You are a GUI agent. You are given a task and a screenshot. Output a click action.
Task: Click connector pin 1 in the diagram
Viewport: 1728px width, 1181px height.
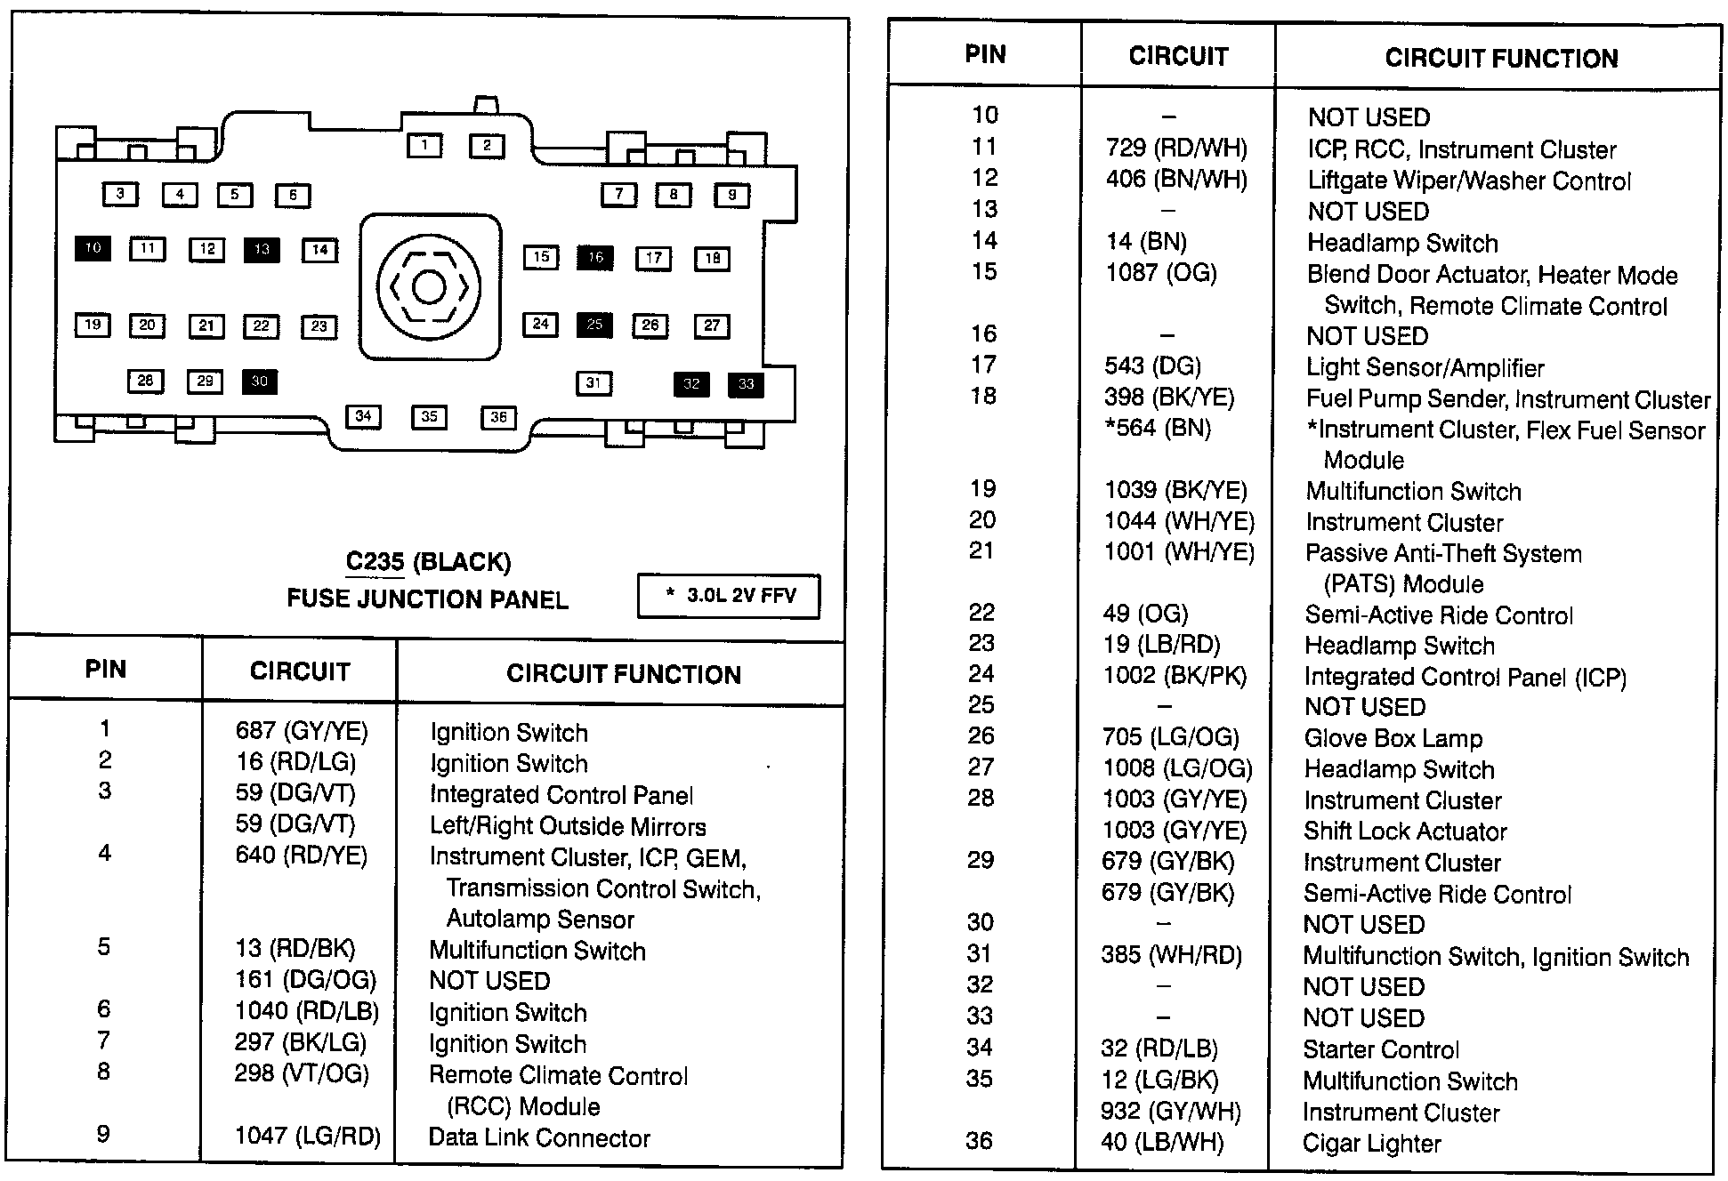coord(424,145)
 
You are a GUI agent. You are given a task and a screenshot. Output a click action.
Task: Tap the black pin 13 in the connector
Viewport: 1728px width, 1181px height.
coord(261,250)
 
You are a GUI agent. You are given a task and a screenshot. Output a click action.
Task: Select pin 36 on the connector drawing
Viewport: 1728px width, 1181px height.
coord(498,417)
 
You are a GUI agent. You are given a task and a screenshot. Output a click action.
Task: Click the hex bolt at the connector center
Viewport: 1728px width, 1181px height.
coord(429,287)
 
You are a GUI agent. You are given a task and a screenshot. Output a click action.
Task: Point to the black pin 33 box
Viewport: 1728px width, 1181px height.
coord(746,384)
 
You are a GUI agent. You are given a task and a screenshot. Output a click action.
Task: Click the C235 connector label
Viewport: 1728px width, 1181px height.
coord(375,562)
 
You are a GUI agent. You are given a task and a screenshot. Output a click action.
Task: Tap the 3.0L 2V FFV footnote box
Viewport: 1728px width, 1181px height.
coord(729,596)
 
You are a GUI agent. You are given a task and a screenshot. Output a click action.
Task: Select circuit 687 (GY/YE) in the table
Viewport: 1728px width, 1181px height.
coord(302,731)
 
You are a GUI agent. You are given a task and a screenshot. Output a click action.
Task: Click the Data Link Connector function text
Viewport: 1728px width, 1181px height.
coord(539,1138)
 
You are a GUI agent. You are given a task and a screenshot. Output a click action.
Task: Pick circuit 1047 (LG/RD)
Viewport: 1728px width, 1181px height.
coord(308,1136)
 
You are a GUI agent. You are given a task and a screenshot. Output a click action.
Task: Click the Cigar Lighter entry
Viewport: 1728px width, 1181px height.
coord(1371,1144)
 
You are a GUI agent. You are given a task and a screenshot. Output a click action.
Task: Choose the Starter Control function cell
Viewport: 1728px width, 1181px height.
coord(1381,1050)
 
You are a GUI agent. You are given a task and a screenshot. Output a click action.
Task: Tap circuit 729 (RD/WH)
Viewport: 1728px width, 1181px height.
coord(1176,149)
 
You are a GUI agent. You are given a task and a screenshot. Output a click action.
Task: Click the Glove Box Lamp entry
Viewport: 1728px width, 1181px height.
coord(1393,738)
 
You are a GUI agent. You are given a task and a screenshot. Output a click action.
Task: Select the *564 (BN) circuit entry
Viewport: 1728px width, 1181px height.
coord(1158,429)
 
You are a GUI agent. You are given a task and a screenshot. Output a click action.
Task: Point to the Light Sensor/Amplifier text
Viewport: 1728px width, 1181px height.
coord(1425,367)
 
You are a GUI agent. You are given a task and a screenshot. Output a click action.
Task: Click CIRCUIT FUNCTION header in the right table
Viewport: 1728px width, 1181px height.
coord(1501,59)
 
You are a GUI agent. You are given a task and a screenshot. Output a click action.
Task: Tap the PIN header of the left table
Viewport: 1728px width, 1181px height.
coord(106,670)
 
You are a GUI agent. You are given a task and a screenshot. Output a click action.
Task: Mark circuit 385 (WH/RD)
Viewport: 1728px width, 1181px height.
coord(1171,955)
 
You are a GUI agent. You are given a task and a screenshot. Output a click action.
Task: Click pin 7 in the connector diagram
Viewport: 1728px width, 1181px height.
coord(618,194)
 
